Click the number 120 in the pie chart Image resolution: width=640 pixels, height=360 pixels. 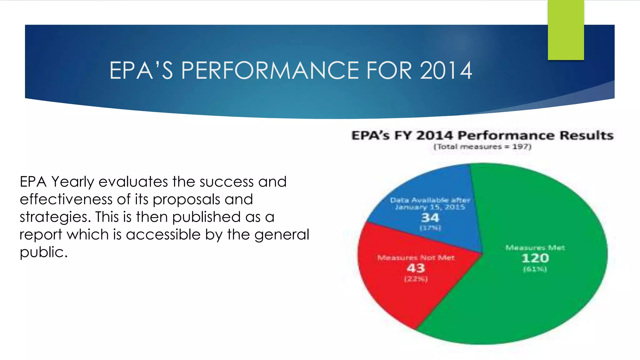point(535,258)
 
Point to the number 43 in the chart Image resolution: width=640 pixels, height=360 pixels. point(416,268)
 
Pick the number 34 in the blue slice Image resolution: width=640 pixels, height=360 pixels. point(430,217)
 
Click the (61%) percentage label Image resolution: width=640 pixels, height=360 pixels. point(535,269)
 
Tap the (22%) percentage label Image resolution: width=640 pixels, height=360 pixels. point(416,279)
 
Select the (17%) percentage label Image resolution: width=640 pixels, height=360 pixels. point(430,228)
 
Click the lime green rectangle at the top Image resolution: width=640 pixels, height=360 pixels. point(566,30)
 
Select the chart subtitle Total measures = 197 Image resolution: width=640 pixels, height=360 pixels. point(482,147)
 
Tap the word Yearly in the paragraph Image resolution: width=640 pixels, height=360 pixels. point(72,182)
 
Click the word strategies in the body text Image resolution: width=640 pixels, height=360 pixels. point(55,217)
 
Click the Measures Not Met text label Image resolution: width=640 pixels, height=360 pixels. point(416,258)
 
